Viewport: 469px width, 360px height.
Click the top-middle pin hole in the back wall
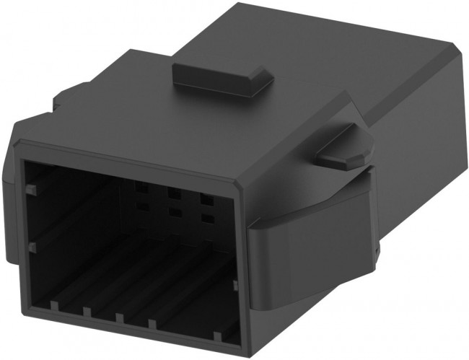173,193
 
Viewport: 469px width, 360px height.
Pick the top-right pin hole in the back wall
206,197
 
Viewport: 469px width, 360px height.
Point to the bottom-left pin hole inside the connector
141,208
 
